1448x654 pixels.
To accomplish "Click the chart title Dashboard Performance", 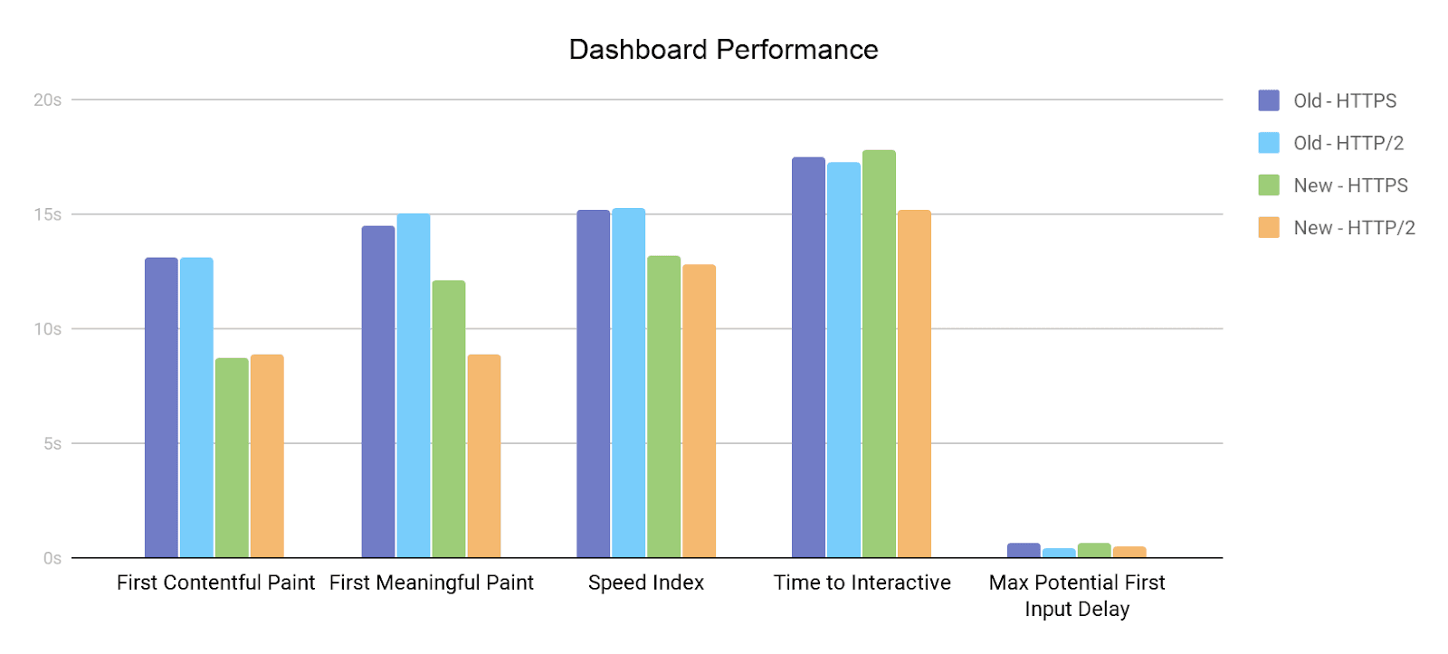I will (723, 50).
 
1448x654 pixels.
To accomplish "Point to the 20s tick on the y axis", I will (47, 100).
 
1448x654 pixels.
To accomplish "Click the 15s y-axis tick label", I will (47, 214).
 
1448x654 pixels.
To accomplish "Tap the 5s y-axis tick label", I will (52, 443).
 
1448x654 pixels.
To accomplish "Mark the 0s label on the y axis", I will (52, 558).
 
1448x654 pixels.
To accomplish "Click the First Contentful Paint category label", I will (215, 583).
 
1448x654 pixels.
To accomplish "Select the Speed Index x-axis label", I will (646, 583).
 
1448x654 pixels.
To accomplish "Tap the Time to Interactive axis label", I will (862, 583).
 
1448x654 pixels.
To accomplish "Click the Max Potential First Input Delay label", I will (1077, 595).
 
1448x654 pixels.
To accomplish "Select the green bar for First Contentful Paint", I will (232, 458).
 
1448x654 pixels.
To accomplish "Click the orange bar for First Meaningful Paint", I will (484, 456).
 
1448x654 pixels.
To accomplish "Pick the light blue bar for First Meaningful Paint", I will (414, 385).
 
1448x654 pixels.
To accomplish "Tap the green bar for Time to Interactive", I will (879, 354).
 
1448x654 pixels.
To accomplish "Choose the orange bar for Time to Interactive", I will (914, 384).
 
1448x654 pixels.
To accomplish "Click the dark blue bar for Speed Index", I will (593, 384).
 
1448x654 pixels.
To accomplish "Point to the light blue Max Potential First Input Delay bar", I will (1059, 553).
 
